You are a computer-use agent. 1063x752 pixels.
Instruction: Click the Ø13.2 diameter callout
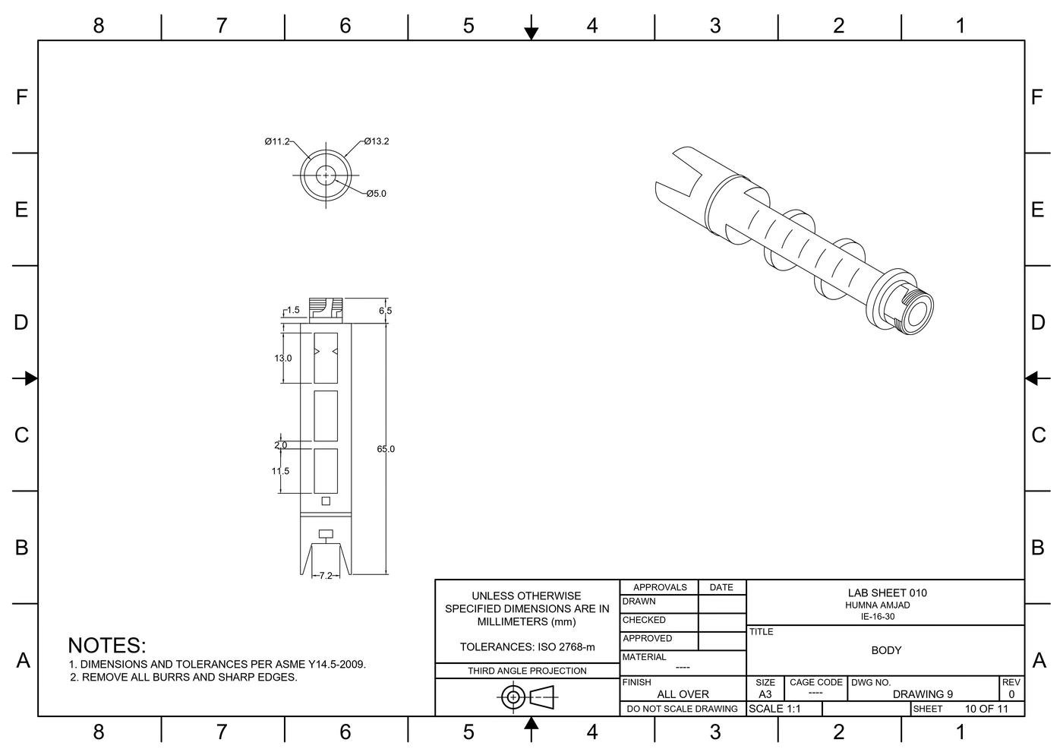[376, 141]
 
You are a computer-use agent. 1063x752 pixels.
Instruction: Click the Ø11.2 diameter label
[277, 141]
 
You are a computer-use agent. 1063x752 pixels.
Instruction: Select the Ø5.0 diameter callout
[375, 194]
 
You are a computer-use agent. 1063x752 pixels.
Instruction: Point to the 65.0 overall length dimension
[386, 449]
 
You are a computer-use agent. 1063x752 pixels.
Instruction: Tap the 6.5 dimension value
[385, 311]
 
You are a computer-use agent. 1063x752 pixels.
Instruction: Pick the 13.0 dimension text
[282, 358]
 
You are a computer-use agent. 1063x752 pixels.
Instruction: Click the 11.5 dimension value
[280, 471]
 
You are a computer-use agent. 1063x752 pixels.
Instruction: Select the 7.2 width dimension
[326, 576]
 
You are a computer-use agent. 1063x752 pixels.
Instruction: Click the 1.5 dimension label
[292, 310]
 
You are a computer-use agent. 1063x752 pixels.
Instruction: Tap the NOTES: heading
[106, 646]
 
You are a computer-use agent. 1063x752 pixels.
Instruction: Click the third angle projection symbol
[528, 696]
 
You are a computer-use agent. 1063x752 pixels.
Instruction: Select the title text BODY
[886, 650]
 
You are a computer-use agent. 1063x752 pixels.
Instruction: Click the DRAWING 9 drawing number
[923, 694]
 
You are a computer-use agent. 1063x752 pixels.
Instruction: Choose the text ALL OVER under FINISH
[683, 694]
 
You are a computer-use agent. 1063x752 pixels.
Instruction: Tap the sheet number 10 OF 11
[986, 709]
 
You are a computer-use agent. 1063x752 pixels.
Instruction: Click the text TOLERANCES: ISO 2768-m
[527, 647]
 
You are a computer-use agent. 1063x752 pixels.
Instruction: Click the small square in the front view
[326, 501]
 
